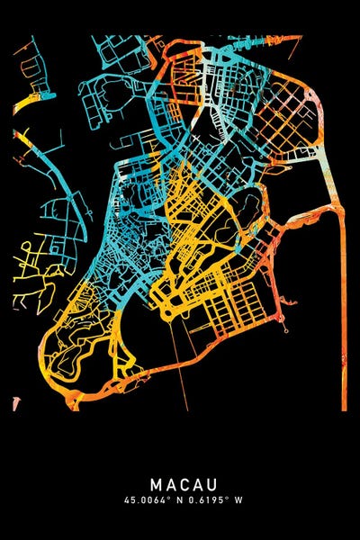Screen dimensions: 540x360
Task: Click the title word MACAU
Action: [x=180, y=483]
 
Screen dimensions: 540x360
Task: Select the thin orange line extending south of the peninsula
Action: [x=184, y=369]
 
